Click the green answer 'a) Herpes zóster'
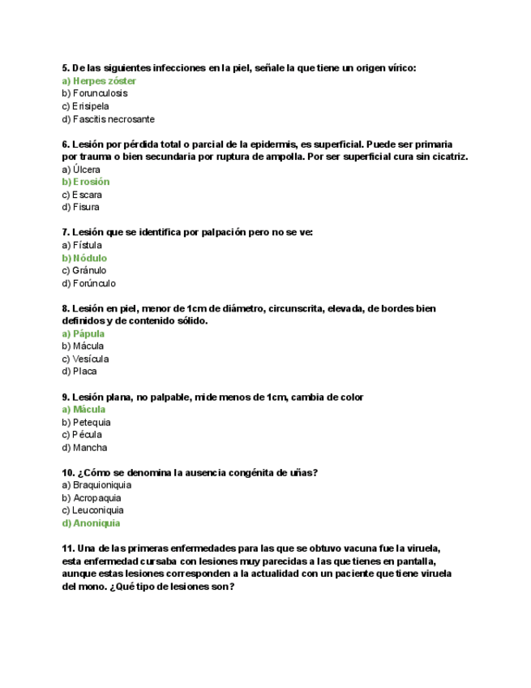click(99, 81)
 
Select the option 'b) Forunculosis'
click(94, 93)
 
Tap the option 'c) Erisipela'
click(85, 106)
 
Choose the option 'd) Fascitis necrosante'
click(108, 118)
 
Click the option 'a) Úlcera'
click(81, 170)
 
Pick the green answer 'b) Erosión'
click(85, 182)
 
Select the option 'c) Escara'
click(82, 195)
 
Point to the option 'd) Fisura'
click(80, 207)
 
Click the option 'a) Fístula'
click(82, 245)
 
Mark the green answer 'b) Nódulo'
click(84, 258)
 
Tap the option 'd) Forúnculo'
click(88, 284)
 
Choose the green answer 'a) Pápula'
click(84, 333)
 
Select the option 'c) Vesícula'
click(85, 359)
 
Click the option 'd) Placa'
click(79, 372)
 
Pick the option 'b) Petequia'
click(86, 423)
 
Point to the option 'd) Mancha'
click(84, 448)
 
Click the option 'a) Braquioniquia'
click(96, 485)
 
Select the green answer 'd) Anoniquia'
click(91, 523)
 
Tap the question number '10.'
click(69, 473)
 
